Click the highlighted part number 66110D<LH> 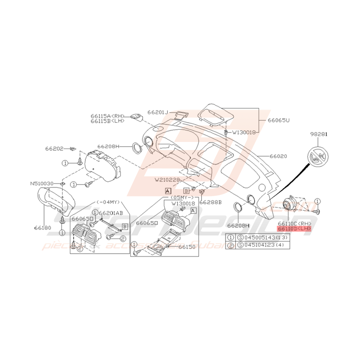coord(294,229)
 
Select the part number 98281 coord(319,134)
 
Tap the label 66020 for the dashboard coord(278,156)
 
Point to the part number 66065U coord(278,120)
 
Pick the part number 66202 coord(54,148)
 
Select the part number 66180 coord(42,228)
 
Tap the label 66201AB coord(111,213)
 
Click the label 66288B coord(210,202)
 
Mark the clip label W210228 coord(167,179)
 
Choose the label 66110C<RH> coord(294,224)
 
